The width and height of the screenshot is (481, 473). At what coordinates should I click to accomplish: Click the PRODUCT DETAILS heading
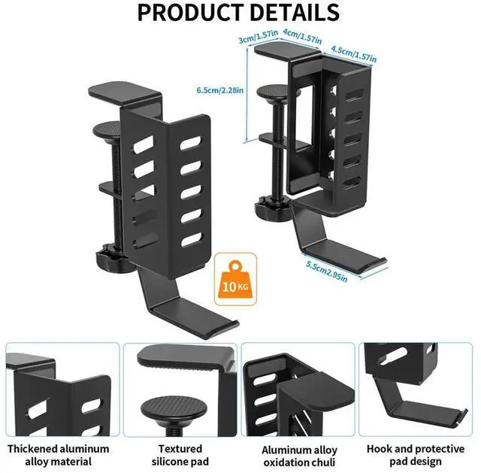click(239, 13)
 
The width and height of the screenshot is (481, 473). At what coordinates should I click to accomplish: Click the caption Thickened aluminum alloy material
click(59, 454)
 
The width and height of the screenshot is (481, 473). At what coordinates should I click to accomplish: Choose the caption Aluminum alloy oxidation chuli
click(299, 454)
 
